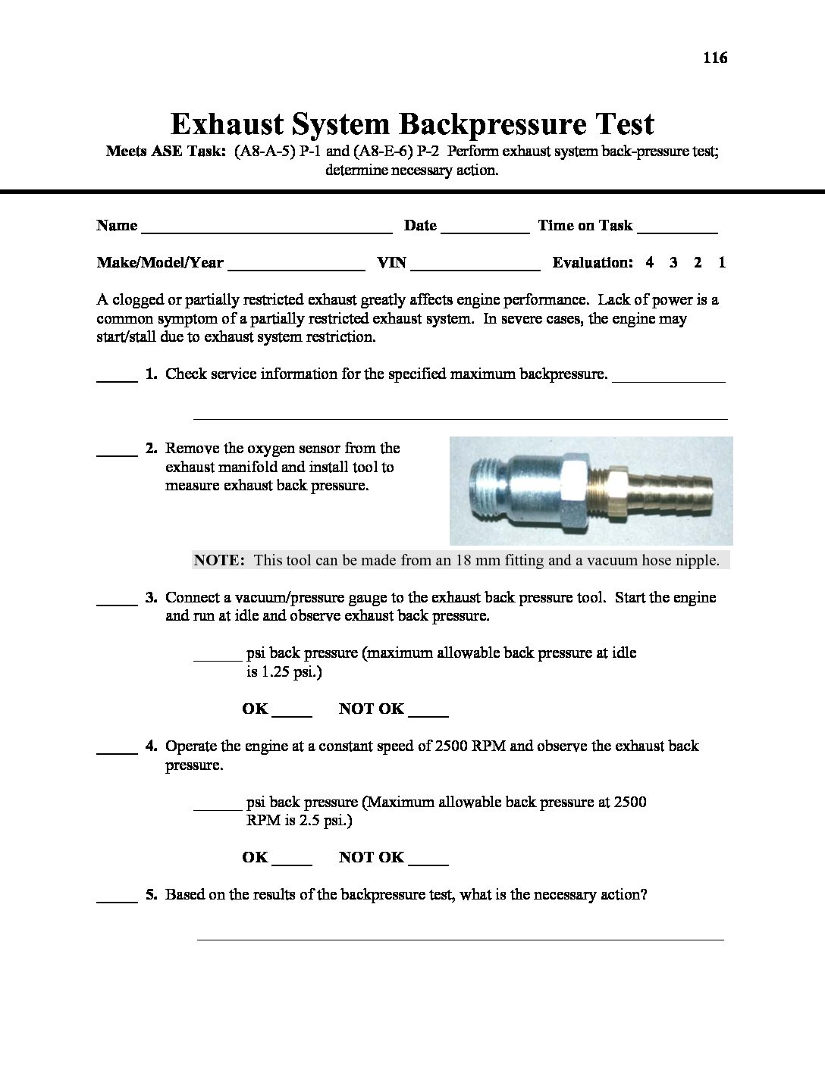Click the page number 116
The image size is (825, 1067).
click(715, 58)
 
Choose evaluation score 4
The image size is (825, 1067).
click(650, 263)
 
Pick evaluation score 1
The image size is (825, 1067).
click(722, 263)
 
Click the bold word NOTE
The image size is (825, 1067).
click(219, 561)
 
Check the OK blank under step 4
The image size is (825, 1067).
click(292, 862)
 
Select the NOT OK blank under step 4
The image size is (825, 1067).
click(428, 862)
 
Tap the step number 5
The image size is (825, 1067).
click(151, 895)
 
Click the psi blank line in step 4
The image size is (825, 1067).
click(218, 807)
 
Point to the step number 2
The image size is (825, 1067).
click(151, 449)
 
